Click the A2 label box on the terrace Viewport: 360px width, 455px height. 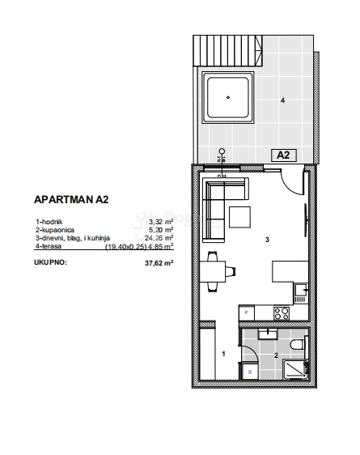click(x=283, y=155)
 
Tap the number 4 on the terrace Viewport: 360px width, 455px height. click(x=282, y=101)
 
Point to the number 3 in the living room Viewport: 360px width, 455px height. click(x=266, y=240)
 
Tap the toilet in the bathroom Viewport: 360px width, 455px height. click(x=301, y=345)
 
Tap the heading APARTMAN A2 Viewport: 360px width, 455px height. click(x=71, y=199)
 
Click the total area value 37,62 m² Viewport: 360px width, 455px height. click(x=159, y=263)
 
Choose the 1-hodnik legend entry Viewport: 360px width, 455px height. click(x=49, y=221)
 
